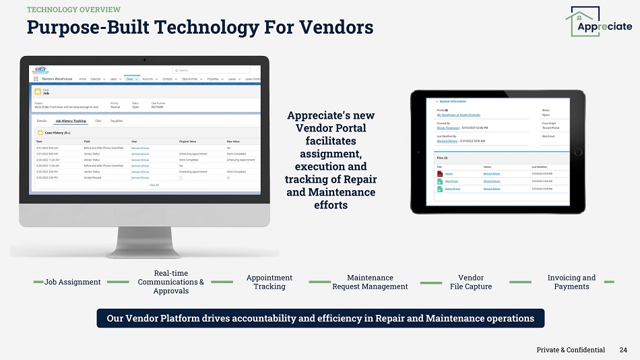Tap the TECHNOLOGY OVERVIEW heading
[73, 9]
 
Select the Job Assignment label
[73, 282]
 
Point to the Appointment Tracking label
[269, 282]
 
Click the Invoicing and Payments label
[571, 282]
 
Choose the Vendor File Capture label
[471, 282]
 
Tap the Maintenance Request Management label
[370, 282]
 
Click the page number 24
[623, 350]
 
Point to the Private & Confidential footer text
[571, 350]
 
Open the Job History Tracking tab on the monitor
[71, 121]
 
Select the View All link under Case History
[154, 184]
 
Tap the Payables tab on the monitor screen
[117, 121]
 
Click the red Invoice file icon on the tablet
[440, 174]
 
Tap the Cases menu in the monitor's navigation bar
[130, 79]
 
